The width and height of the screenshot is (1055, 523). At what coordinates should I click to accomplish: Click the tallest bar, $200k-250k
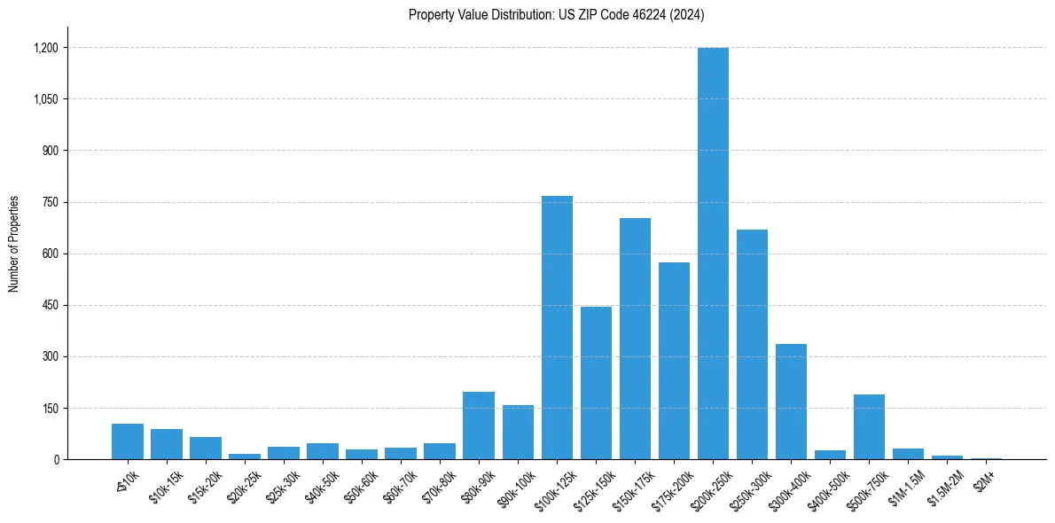[x=713, y=254]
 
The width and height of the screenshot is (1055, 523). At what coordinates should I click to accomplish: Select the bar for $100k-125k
[x=557, y=328]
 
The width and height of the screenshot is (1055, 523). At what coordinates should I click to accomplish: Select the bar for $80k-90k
[x=479, y=425]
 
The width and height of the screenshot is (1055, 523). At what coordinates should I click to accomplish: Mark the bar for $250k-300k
[x=752, y=345]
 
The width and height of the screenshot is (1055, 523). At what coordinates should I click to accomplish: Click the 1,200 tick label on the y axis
[x=45, y=48]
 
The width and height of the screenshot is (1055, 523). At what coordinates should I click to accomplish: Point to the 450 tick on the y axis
[x=50, y=306]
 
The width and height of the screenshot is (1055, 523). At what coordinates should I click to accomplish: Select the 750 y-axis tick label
[x=50, y=202]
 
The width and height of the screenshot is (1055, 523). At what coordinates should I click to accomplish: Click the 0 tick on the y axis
[x=56, y=460]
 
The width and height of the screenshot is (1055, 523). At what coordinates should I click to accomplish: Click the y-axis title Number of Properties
[x=13, y=244]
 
